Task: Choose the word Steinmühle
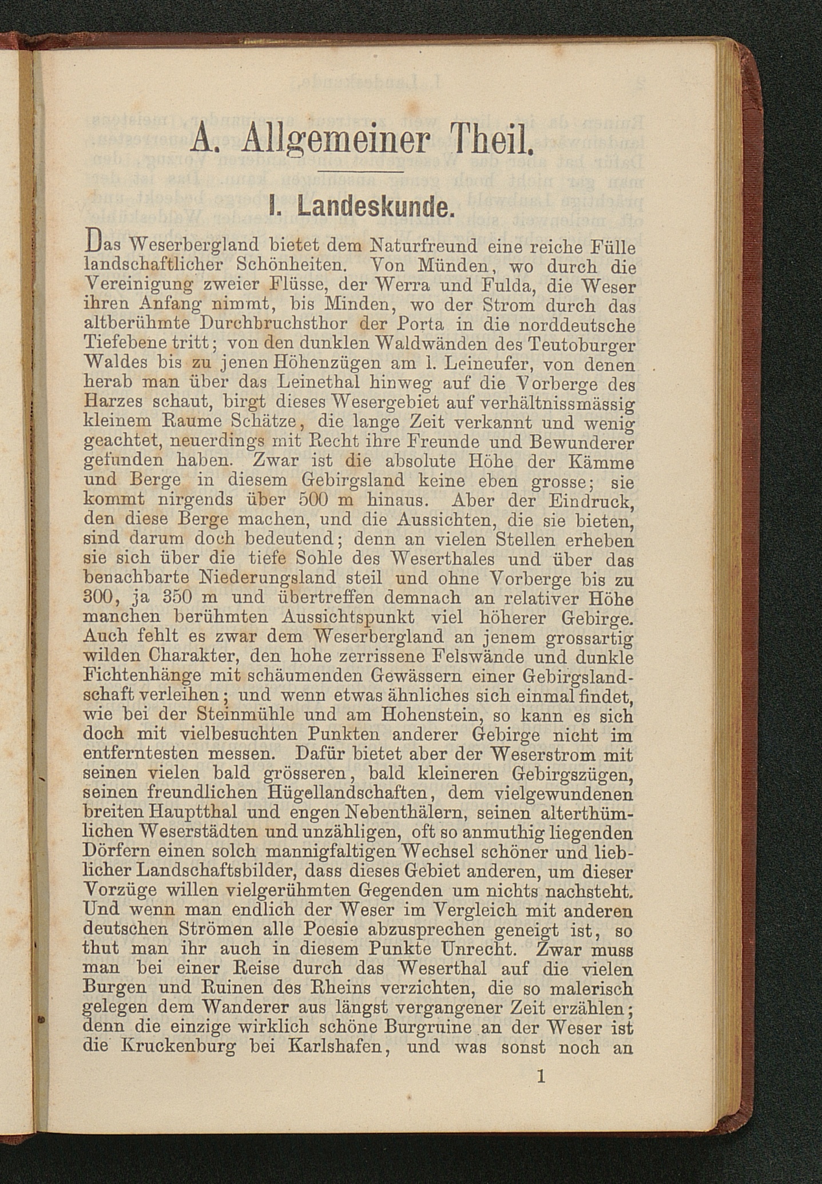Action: pyautogui.click(x=245, y=715)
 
